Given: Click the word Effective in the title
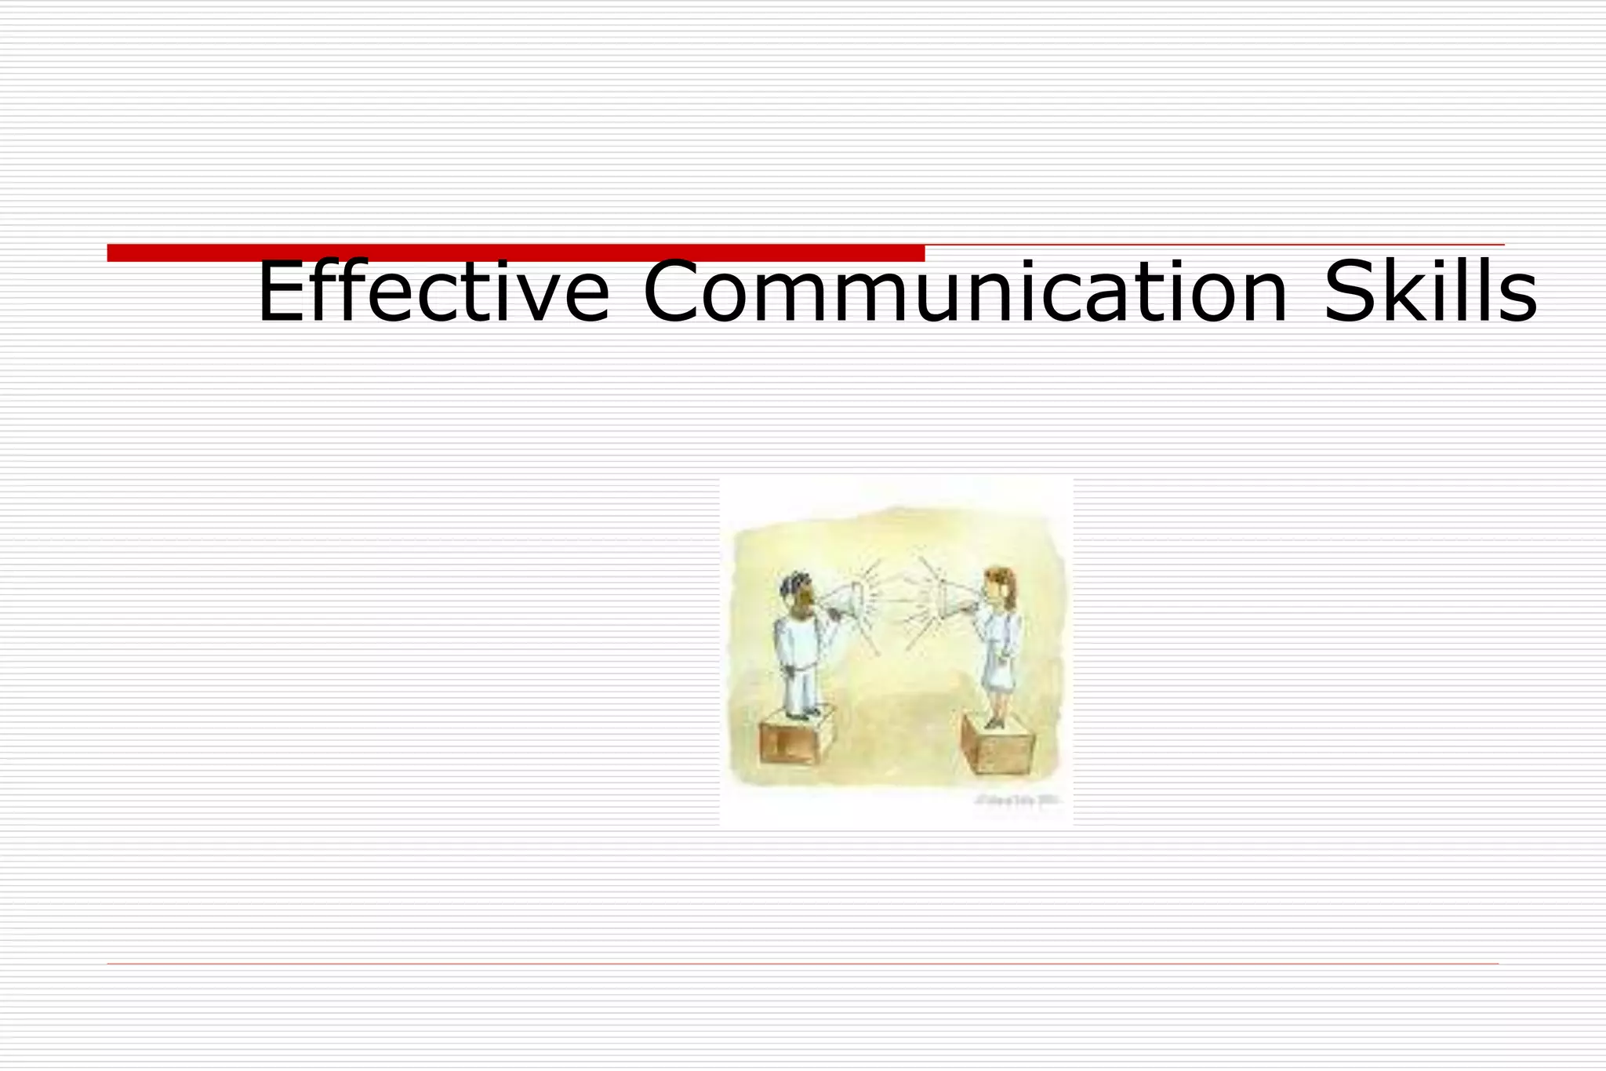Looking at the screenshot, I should (x=433, y=292).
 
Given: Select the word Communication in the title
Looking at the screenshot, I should (x=965, y=292).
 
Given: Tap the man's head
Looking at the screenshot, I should (x=798, y=593).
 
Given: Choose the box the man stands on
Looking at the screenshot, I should (x=794, y=739).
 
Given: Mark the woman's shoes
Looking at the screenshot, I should (x=994, y=721).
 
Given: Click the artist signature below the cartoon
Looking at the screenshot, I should (x=1017, y=801).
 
